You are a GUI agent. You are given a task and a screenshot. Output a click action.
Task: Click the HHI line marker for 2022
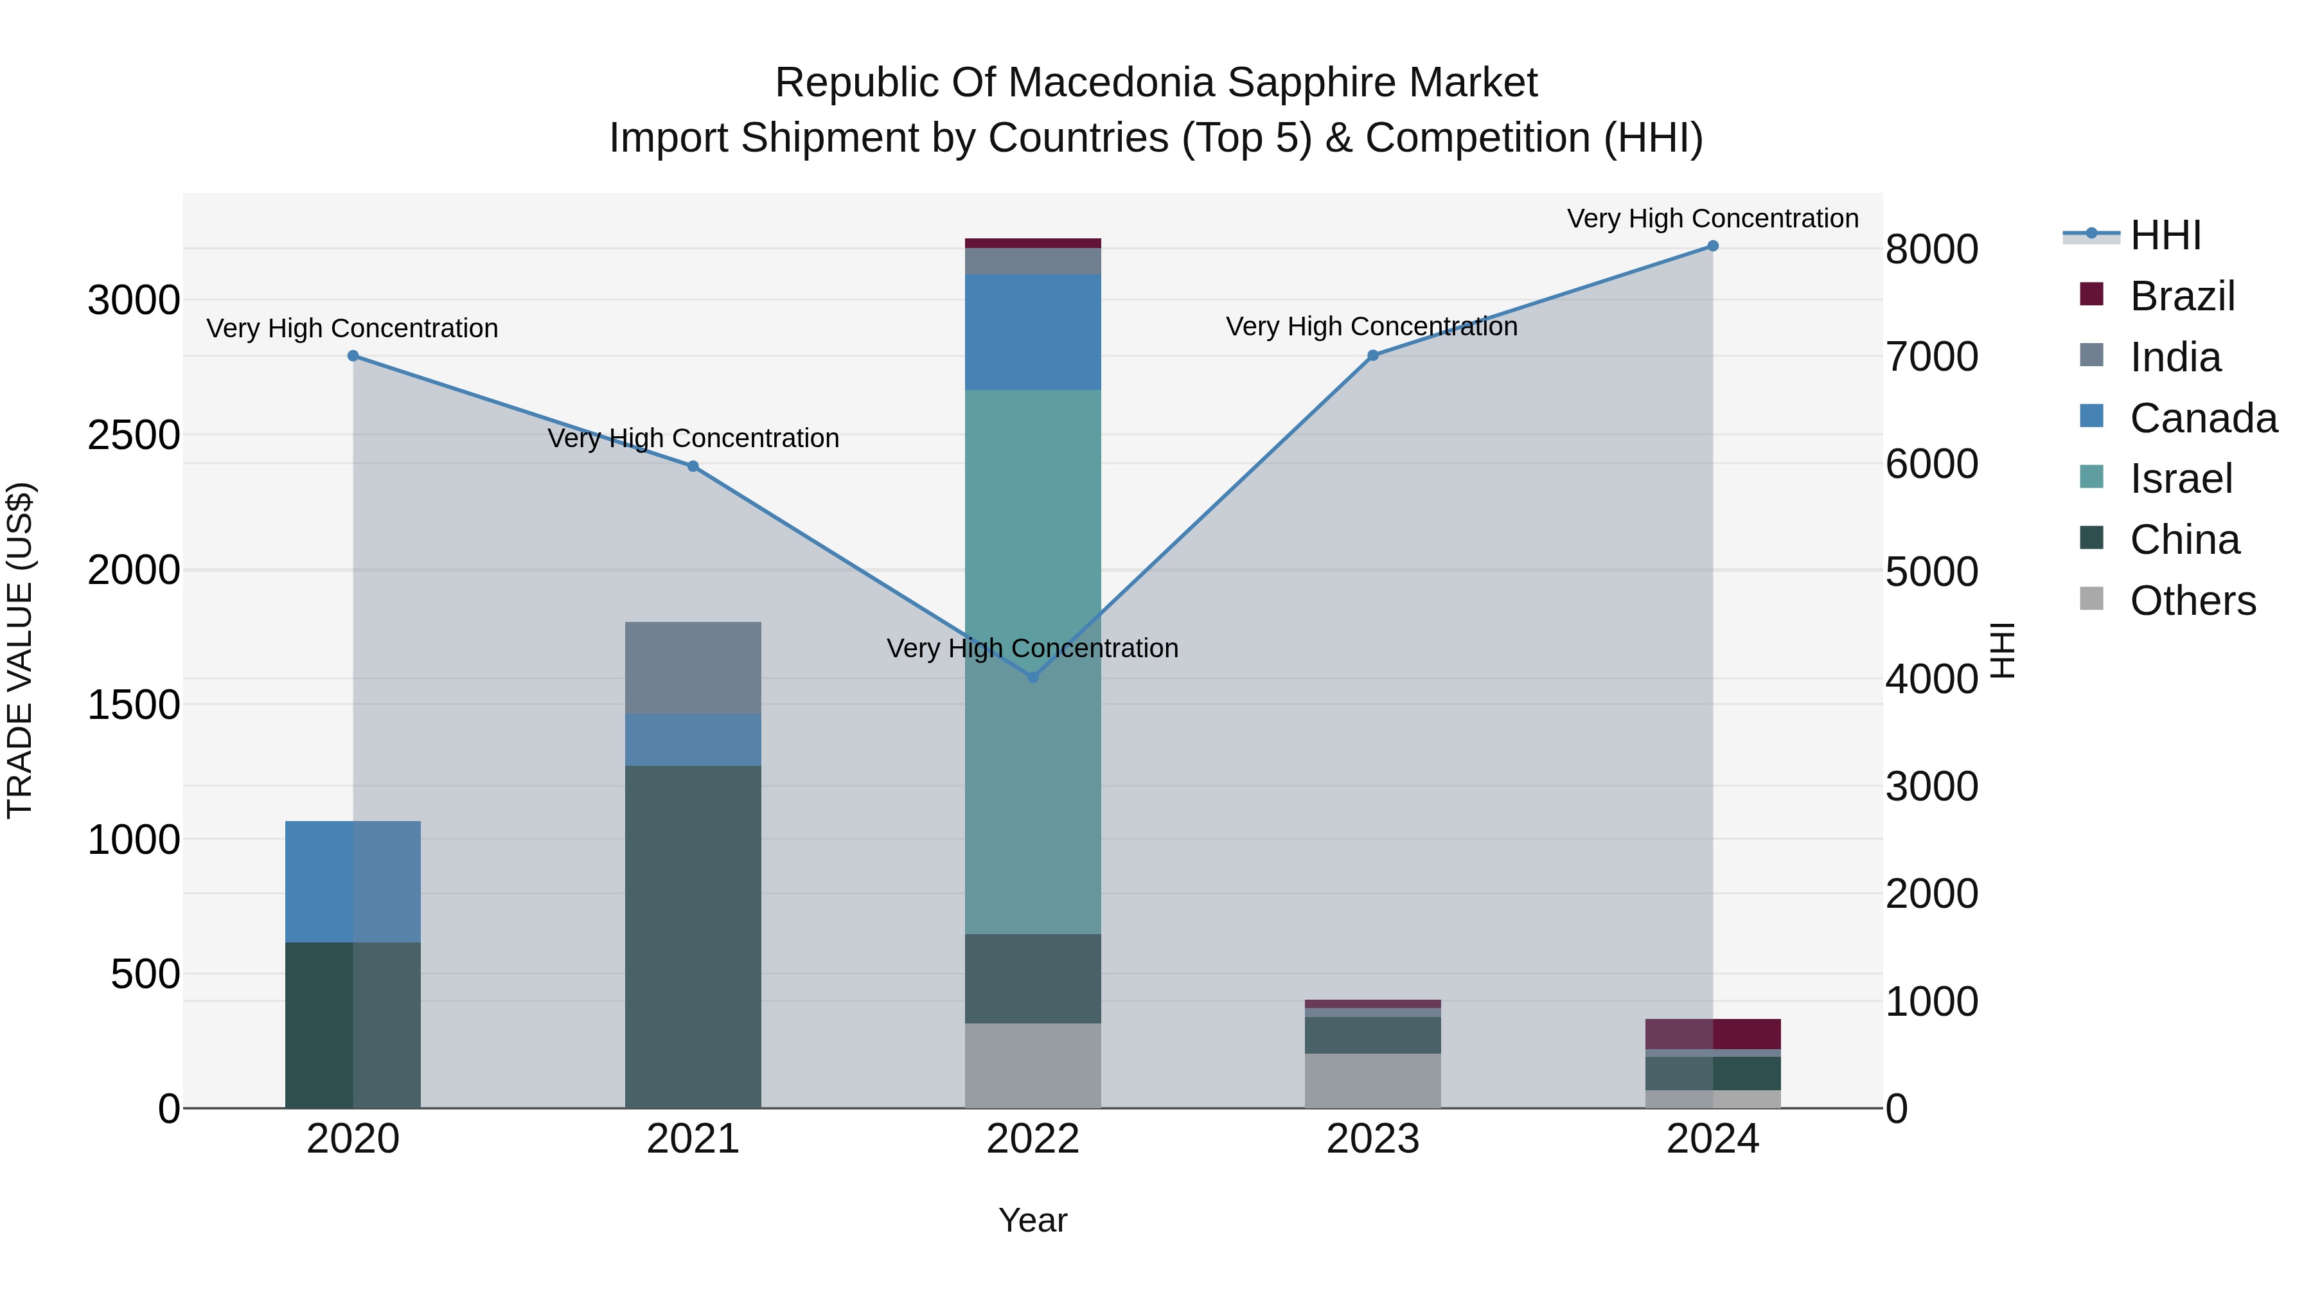pos(1032,677)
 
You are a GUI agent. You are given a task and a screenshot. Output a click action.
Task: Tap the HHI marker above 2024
pos(1712,246)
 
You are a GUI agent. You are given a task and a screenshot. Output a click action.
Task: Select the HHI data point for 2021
pos(692,466)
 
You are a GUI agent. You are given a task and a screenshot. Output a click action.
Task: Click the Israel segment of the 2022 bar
pos(1032,662)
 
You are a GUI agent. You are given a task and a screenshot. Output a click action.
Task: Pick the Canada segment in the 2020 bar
pos(353,881)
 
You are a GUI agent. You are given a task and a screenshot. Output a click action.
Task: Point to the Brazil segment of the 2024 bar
pos(1712,1034)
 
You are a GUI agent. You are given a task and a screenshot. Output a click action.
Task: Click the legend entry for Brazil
pos(2181,296)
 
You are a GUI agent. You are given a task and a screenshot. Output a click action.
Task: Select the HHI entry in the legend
pos(2164,235)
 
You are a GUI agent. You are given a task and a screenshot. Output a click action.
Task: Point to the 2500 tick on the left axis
pos(133,436)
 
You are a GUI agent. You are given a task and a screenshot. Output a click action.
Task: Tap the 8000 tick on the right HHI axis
pos(1931,250)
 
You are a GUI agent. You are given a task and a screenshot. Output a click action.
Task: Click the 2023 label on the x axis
pos(1372,1139)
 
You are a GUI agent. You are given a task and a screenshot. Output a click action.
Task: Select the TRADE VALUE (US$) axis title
pos(20,650)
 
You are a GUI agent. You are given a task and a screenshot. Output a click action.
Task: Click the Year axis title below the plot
pos(1032,1220)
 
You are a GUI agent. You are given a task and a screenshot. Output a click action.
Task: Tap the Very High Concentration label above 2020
pos(352,328)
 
